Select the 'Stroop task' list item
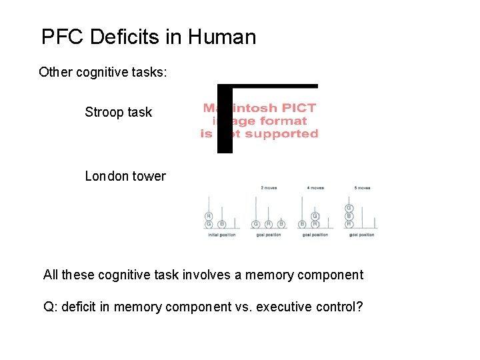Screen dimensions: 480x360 click(x=118, y=112)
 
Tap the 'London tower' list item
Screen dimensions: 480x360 click(x=125, y=176)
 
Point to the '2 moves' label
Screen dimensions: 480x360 click(x=269, y=188)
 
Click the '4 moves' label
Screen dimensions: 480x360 click(x=315, y=188)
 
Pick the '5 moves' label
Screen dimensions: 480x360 click(x=362, y=188)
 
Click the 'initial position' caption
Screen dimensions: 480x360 click(x=222, y=235)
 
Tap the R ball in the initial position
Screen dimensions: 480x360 click(x=209, y=217)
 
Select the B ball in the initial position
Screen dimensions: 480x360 click(x=222, y=224)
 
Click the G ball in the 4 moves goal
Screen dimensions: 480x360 click(x=315, y=217)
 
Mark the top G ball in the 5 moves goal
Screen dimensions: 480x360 click(x=349, y=209)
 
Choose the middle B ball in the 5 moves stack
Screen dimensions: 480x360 click(x=349, y=216)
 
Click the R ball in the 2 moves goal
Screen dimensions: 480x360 click(x=268, y=224)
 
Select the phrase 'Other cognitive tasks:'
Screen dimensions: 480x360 click(x=103, y=72)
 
